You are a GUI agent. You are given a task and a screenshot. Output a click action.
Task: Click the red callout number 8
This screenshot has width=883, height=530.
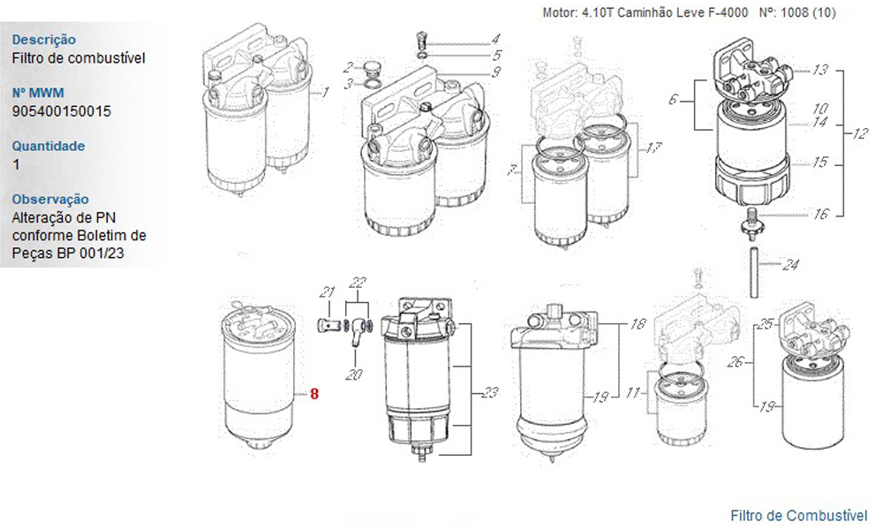click(x=314, y=395)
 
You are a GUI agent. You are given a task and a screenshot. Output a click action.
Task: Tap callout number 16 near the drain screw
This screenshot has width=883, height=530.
click(x=821, y=215)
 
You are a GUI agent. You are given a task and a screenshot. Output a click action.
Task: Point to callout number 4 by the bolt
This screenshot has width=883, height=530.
click(x=496, y=39)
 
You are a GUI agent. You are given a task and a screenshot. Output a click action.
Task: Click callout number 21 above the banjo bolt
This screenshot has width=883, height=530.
click(x=327, y=292)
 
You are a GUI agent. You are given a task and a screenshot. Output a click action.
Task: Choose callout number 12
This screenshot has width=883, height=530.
click(x=861, y=135)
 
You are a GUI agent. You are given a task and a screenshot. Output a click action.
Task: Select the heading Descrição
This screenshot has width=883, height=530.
click(x=43, y=40)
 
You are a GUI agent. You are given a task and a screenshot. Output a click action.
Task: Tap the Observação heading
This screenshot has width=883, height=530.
click(x=50, y=200)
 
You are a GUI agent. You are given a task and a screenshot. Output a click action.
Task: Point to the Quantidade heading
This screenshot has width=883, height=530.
click(x=49, y=147)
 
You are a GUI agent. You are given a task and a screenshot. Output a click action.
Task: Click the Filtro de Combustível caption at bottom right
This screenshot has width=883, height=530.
click(x=799, y=515)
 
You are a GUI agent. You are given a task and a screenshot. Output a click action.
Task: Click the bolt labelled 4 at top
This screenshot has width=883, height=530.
click(x=421, y=41)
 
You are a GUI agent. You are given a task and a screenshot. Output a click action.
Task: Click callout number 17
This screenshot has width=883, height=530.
click(x=653, y=148)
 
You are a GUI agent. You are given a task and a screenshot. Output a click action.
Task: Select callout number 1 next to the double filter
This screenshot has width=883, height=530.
click(x=325, y=92)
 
